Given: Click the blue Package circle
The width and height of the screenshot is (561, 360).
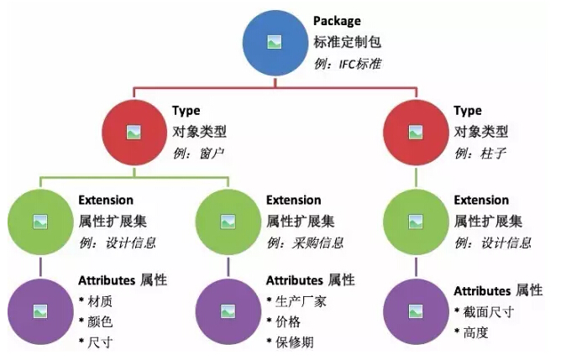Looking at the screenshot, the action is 275,43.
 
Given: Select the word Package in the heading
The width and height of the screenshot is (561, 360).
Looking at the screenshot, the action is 337,21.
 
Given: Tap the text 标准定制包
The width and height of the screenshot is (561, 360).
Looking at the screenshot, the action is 347,42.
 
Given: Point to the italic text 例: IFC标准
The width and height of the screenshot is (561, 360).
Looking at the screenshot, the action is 348,64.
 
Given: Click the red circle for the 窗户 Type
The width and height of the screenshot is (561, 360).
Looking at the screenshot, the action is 134,133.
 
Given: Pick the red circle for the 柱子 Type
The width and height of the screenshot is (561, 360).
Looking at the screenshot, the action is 416,133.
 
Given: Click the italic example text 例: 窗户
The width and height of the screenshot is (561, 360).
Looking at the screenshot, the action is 198,154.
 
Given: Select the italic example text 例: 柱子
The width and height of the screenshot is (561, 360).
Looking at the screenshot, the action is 480,154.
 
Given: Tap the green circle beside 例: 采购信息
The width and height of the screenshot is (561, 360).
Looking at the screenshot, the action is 228,222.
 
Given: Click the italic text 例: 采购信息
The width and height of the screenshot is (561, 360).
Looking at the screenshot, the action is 305,243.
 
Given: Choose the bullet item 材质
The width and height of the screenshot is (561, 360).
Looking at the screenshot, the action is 96,301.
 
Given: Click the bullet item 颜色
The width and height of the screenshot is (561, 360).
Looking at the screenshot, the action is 96,321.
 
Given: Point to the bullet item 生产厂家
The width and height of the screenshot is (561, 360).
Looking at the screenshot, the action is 296,301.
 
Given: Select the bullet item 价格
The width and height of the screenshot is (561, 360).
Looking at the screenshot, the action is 284,321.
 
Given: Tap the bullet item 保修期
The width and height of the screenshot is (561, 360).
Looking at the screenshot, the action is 291,342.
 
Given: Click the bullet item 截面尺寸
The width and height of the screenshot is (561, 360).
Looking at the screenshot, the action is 485,312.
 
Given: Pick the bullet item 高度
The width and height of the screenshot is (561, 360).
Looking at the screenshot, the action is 471,332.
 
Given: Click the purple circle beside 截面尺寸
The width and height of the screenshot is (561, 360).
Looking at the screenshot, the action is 416,311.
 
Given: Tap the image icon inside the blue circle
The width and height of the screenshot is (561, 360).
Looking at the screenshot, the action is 275,43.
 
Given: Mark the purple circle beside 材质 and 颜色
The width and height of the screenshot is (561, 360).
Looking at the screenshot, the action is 40,311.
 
